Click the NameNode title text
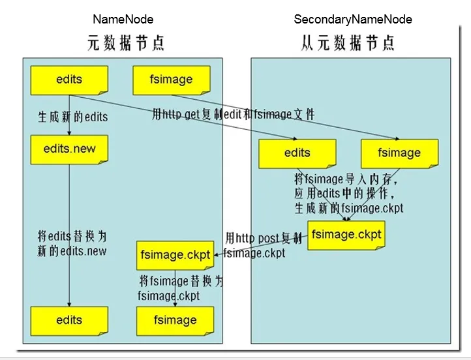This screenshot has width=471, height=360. coord(123,19)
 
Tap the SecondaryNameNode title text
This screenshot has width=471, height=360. coord(353,19)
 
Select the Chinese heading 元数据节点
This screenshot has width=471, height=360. coord(126,43)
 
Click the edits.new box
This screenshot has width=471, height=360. coord(69,149)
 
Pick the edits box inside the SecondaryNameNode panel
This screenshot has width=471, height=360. coord(297,154)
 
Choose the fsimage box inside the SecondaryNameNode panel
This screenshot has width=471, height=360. coord(399,154)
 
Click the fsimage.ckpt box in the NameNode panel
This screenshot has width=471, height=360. coord(174,254)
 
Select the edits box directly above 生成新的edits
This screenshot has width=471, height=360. coord(69,80)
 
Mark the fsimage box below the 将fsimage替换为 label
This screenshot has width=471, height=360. coord(175,320)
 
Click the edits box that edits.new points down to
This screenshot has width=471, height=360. coord(69,320)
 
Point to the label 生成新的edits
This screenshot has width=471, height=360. coord(72,117)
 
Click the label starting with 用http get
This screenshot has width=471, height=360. coord(233,115)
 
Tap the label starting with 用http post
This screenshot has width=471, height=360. coord(260,238)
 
